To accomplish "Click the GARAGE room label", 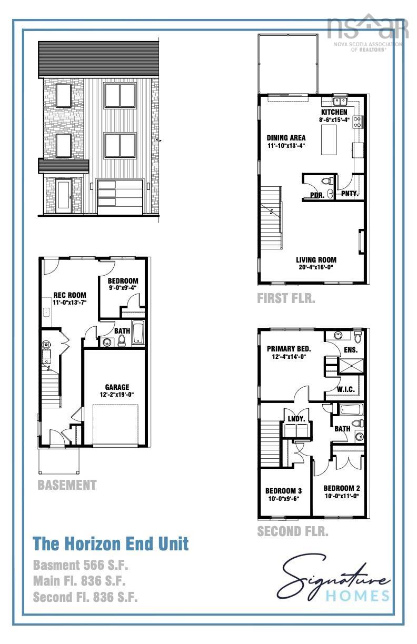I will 116,387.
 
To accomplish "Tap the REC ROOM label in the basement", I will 69,295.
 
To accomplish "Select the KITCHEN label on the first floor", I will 334,113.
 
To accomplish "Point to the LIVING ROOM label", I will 316,260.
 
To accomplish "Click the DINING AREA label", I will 286,138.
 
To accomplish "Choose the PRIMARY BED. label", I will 289,349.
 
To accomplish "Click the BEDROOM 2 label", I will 342,488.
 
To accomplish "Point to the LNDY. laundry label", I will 296,419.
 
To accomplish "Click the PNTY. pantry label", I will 350,194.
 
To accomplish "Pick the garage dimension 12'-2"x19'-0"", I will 116,395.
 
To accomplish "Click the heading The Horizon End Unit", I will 111,544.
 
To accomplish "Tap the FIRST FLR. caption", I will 286,299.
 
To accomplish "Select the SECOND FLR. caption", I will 292,531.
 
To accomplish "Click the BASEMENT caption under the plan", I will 67,485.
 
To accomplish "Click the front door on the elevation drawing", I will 64,195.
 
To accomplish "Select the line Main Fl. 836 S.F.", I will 78,581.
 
